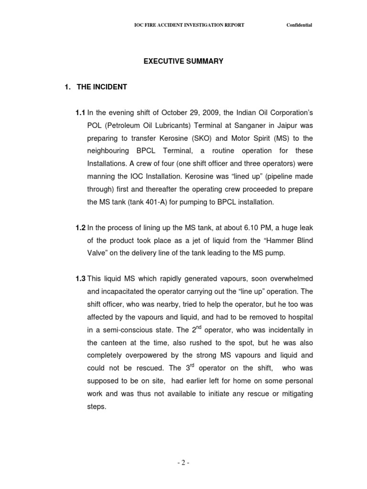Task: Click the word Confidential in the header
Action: tap(299, 25)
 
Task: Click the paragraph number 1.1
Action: tap(80, 113)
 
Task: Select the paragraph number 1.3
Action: tap(80, 278)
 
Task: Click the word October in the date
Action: tap(175, 113)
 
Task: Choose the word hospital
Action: tap(299, 317)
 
